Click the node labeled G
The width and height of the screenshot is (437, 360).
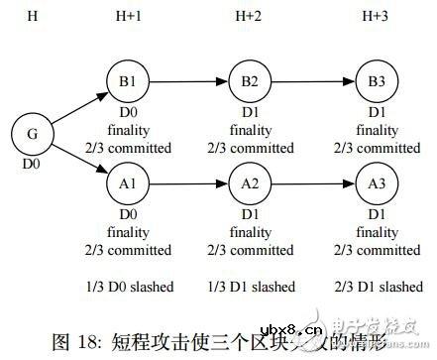pyautogui.click(x=30, y=133)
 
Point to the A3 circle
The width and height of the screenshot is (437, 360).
pyautogui.click(x=376, y=184)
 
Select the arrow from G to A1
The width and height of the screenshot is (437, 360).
pyautogui.click(x=77, y=159)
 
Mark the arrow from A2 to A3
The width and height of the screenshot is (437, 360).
pyautogui.click(x=312, y=184)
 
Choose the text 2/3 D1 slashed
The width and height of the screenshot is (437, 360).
pyautogui.click(x=378, y=287)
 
